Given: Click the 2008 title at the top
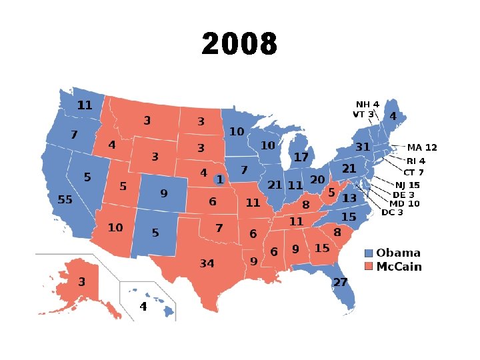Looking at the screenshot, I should click(239, 45).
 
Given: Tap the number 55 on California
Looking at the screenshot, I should click(65, 199).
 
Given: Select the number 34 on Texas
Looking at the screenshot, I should click(207, 264).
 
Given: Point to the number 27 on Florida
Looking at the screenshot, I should click(341, 282).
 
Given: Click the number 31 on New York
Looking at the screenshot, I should click(363, 147).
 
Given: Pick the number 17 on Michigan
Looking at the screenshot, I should click(301, 157).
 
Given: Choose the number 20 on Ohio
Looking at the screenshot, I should click(317, 180).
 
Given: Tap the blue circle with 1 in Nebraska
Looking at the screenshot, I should click(219, 180).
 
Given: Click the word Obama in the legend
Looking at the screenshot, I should click(398, 253).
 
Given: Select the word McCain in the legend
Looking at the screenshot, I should click(399, 267).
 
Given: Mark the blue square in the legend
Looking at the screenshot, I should click(369, 253).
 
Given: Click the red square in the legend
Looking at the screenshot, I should click(369, 267).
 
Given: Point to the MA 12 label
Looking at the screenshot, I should click(422, 147).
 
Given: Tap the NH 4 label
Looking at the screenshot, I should click(367, 104).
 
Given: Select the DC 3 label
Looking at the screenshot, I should click(392, 213).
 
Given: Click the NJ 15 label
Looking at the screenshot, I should click(407, 185).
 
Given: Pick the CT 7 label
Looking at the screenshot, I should click(413, 173).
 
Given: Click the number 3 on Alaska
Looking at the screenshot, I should click(81, 282).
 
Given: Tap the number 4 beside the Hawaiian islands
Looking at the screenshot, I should click(143, 307).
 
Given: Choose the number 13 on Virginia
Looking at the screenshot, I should click(349, 198).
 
